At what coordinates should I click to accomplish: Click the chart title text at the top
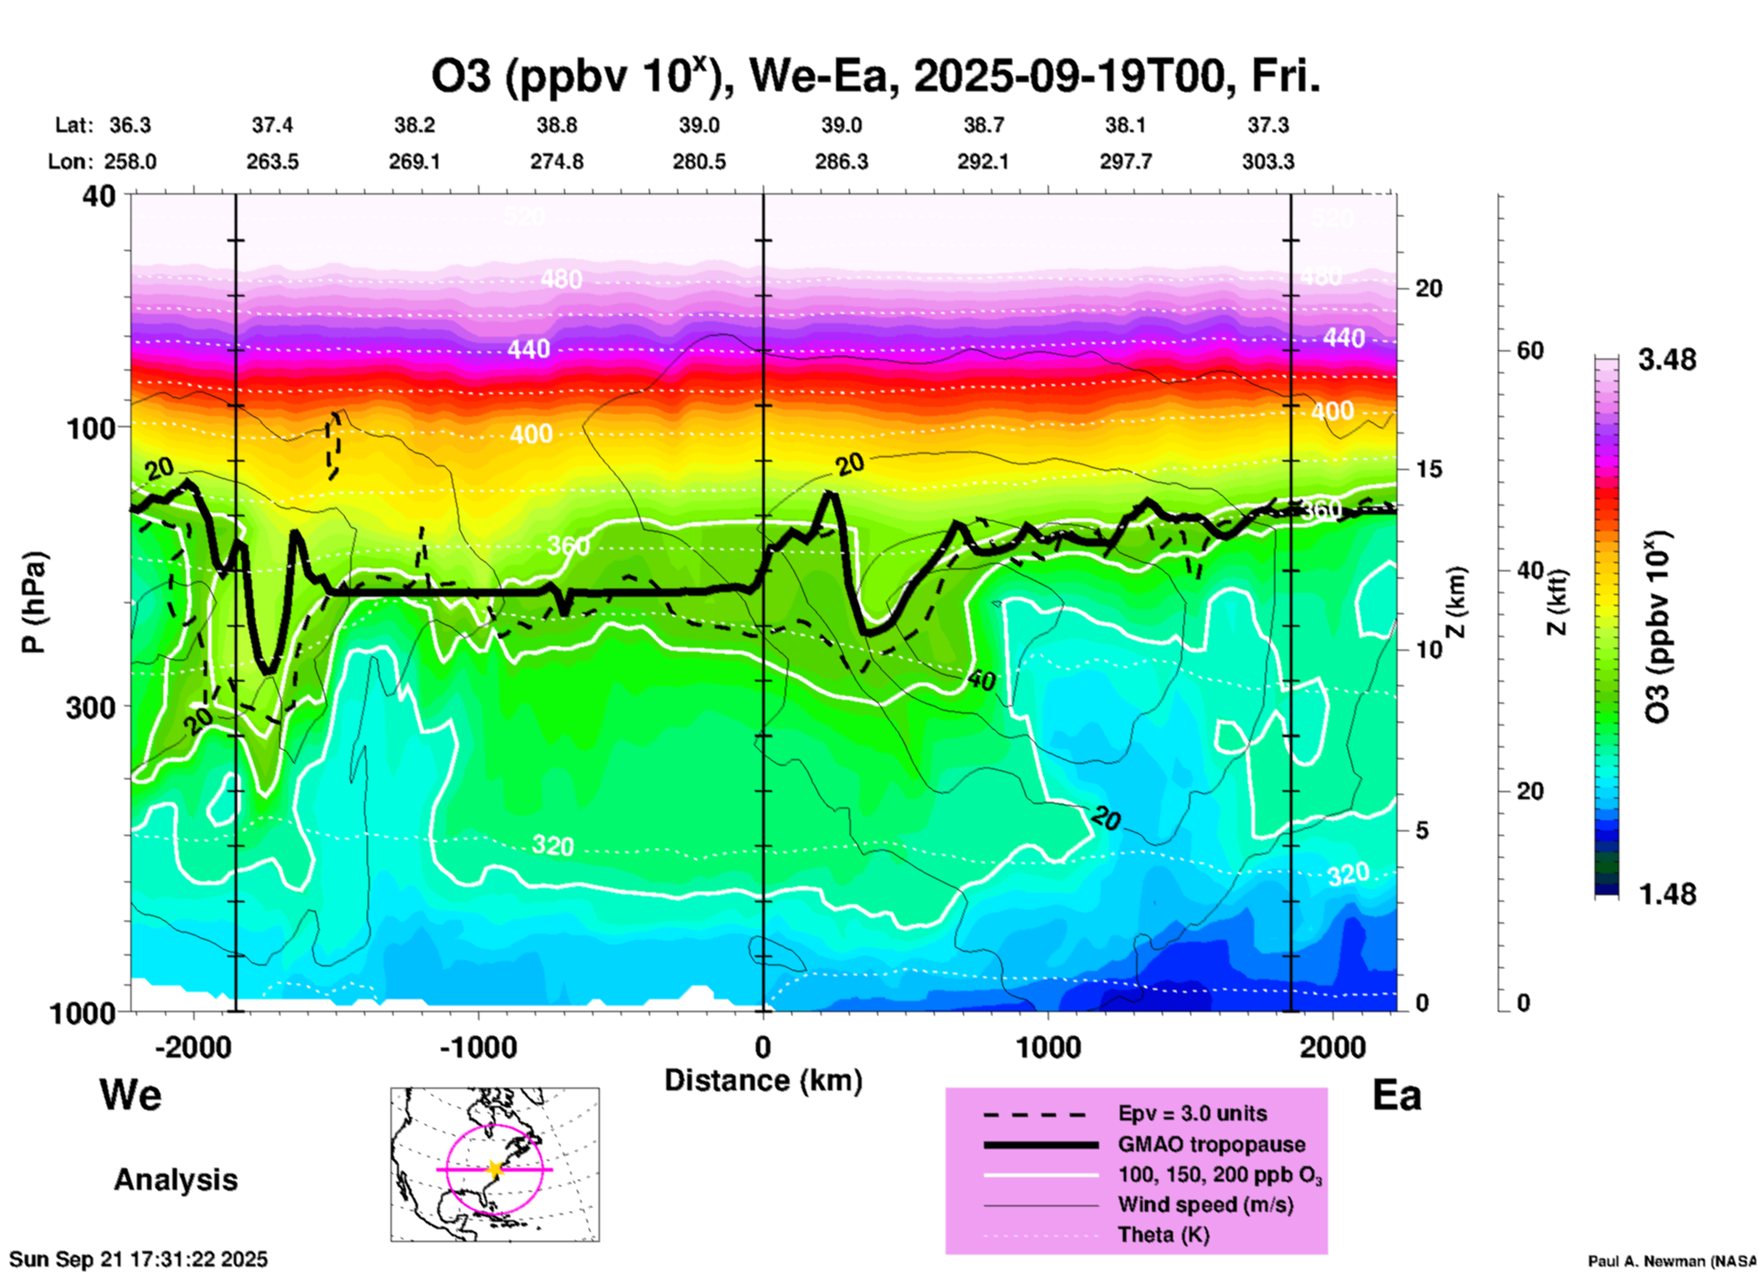tap(876, 77)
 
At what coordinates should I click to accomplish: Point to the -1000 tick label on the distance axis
tap(477, 1047)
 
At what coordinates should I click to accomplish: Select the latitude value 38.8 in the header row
tap(557, 125)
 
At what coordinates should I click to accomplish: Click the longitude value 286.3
tap(842, 162)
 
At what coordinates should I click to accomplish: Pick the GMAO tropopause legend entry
tap(1211, 1144)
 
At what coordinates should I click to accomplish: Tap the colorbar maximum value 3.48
tap(1667, 360)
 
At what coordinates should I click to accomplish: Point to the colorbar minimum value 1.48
tap(1667, 894)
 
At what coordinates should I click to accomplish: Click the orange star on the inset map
tap(495, 1169)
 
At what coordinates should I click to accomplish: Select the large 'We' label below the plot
tap(131, 1094)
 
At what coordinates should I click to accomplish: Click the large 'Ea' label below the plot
tap(1397, 1096)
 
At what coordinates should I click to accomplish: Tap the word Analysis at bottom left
tap(175, 1180)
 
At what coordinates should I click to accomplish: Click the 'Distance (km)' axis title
tap(763, 1080)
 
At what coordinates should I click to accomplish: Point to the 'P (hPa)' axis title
tap(34, 602)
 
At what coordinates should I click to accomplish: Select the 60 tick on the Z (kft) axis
tap(1530, 350)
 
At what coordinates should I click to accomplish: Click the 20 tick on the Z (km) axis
tap(1428, 288)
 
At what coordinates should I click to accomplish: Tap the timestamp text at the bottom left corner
tap(139, 1259)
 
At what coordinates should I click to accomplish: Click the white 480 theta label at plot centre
tap(560, 278)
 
